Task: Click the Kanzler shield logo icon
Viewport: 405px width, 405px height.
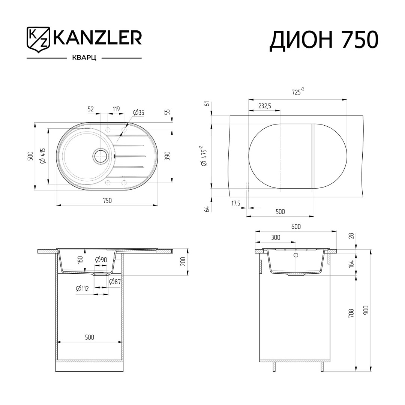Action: click(x=38, y=39)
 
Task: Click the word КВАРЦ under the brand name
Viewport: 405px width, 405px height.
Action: click(x=84, y=58)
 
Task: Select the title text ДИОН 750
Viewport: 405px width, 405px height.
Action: click(x=324, y=40)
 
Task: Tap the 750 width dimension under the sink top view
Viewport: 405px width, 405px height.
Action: click(x=107, y=200)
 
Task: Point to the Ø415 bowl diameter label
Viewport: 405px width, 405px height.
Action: click(x=43, y=156)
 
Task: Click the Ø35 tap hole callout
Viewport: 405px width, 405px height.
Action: click(x=138, y=112)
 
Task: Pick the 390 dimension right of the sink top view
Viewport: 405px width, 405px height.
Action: click(x=167, y=156)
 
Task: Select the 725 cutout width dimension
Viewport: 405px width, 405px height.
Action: click(x=298, y=91)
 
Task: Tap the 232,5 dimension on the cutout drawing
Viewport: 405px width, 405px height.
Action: click(x=264, y=106)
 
